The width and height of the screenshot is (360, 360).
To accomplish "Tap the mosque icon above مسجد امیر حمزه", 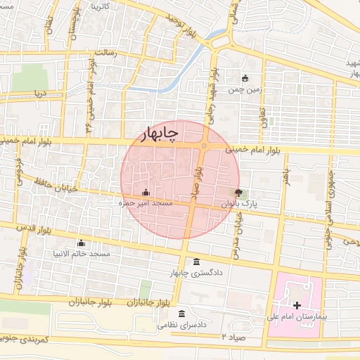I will (146, 192).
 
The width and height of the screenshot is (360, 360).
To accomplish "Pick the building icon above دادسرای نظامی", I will (183, 313).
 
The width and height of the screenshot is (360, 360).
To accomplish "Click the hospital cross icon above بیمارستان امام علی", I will (297, 305).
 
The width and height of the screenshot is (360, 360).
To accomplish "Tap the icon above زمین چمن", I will (245, 79).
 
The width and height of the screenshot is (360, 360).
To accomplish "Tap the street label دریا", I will (40, 92).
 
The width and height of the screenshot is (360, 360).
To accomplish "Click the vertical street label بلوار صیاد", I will (199, 179).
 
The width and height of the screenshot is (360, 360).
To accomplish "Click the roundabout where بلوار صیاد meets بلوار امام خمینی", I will (204, 146).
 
